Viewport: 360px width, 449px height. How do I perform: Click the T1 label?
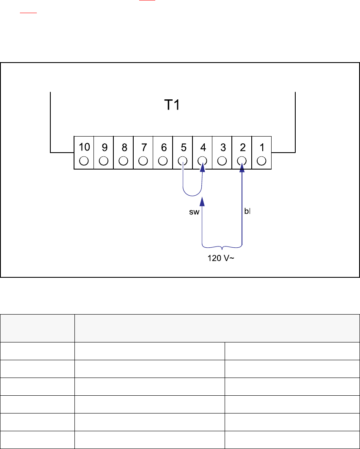(x=172, y=105)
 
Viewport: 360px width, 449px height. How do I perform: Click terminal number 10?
(x=84, y=147)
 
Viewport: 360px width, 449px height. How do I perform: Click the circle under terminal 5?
(x=183, y=161)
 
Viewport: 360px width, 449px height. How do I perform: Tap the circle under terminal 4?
(x=202, y=161)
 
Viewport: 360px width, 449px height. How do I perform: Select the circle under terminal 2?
(x=242, y=161)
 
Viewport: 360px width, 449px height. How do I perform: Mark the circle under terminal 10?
(x=84, y=161)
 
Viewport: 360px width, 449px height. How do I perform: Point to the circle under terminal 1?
(x=261, y=161)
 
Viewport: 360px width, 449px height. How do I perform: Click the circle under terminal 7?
(x=143, y=161)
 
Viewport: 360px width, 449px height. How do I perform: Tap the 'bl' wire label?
(x=247, y=211)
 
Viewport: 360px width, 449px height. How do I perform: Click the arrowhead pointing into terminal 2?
(x=242, y=168)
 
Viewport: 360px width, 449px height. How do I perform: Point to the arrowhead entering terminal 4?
(x=203, y=168)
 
